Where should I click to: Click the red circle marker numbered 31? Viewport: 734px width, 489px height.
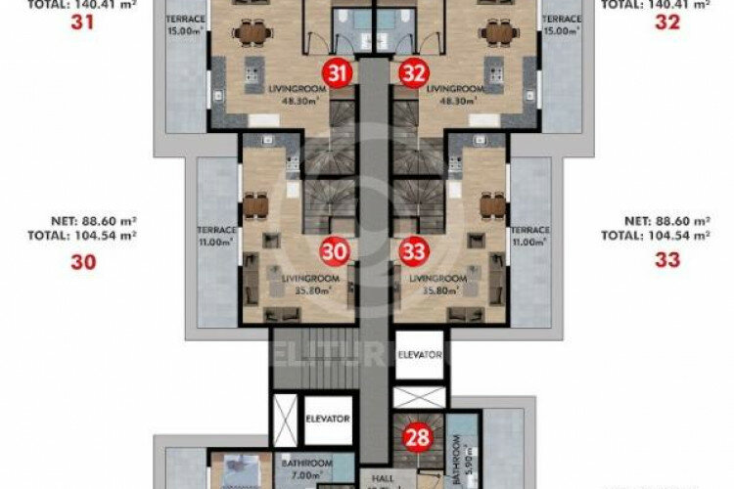pos(338,72)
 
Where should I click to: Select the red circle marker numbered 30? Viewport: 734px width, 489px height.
pos(336,251)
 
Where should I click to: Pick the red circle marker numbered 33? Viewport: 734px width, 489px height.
pos(413,251)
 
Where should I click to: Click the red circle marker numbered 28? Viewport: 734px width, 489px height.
pos(419,437)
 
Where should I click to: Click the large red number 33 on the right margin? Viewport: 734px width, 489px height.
pos(667,260)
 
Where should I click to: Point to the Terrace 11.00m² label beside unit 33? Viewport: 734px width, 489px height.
pos(530,236)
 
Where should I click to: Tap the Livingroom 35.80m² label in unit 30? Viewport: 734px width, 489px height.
pos(309,284)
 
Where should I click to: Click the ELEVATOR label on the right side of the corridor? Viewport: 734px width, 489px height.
pos(420,356)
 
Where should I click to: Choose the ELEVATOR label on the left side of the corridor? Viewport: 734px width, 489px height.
pos(327,419)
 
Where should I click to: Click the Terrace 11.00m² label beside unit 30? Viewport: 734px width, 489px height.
pos(217,236)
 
